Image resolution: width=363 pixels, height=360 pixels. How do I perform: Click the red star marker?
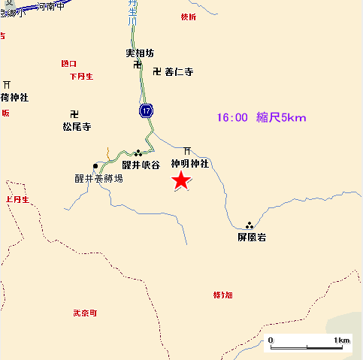coord(180,180)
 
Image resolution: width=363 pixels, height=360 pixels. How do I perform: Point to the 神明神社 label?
coord(189,163)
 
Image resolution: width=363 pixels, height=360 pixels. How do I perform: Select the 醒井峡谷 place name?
coord(141,165)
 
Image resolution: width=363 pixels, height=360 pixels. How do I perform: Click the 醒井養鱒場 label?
coord(98,178)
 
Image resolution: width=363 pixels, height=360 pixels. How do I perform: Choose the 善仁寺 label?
coord(179,73)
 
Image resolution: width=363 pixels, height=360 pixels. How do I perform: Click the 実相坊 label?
coord(140,53)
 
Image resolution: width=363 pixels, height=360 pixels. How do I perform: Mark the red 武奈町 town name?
coord(85,313)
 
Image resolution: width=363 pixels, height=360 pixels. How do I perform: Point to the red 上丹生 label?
coord(16,200)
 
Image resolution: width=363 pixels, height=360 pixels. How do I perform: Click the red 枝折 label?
coord(188,17)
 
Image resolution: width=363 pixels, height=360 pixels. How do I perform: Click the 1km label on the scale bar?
coord(342,340)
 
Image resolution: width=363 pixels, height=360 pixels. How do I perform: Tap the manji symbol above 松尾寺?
coord(74,114)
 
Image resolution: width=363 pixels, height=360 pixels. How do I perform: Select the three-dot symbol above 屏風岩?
coord(249,225)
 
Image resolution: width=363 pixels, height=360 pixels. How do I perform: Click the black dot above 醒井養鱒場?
coord(95,165)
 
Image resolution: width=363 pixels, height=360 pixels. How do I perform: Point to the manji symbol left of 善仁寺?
coord(156,72)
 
